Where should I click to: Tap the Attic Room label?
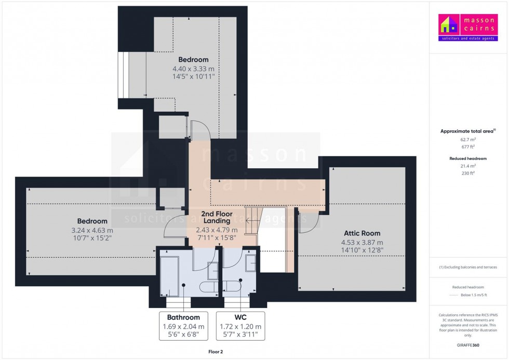pos(362,233)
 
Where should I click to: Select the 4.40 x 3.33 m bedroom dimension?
pos(193,69)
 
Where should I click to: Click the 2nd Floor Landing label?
pos(217,217)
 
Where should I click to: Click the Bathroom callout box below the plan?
pos(183,326)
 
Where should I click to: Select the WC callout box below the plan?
pos(240,326)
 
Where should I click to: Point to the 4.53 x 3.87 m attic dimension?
pos(362,243)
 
